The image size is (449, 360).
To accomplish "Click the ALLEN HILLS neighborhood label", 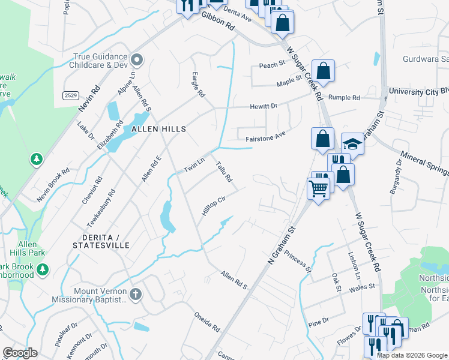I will pyautogui.click(x=156, y=129).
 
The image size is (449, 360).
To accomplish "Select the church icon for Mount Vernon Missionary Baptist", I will pyautogui.click(x=136, y=294).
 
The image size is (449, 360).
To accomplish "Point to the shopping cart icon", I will pyautogui.click(x=318, y=188).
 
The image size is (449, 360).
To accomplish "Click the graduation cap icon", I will pyautogui.click(x=352, y=144).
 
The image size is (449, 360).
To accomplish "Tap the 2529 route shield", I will pyautogui.click(x=70, y=95).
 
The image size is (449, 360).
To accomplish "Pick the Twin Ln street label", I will pyautogui.click(x=194, y=165).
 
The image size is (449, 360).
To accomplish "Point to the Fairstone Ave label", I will pyautogui.click(x=264, y=138).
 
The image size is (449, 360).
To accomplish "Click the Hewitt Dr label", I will pyautogui.click(x=264, y=106).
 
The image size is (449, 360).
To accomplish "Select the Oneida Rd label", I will pyautogui.click(x=207, y=322).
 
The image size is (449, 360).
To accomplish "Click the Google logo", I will pyautogui.click(x=20, y=352).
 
